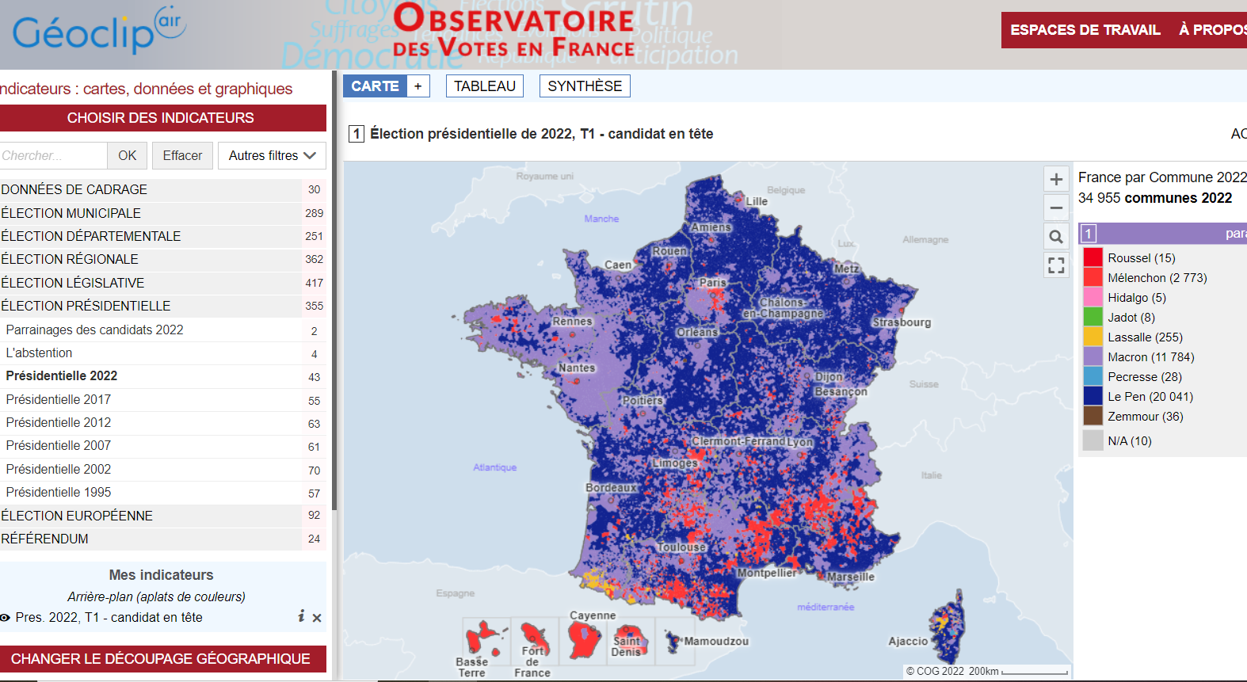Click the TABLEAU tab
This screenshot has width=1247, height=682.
[x=484, y=86]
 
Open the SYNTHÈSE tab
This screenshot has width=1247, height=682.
[x=585, y=86]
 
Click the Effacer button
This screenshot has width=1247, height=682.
[x=182, y=156]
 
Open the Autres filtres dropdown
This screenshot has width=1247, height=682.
[x=272, y=156]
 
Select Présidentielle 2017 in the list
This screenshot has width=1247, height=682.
[x=59, y=399]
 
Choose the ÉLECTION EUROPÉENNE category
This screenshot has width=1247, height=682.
[x=77, y=516]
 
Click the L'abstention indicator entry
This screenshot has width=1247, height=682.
[x=39, y=353]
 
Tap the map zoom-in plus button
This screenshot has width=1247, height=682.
[x=1056, y=180]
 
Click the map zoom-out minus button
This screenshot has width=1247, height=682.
[x=1056, y=208]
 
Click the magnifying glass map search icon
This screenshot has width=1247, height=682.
[x=1056, y=237]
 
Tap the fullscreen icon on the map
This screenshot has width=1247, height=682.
[x=1056, y=265]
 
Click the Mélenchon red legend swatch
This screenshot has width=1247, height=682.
[x=1093, y=278]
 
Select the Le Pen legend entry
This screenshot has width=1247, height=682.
[x=1150, y=397]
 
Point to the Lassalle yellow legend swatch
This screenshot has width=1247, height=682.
[x=1093, y=337]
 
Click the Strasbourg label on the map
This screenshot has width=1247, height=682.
[x=902, y=322]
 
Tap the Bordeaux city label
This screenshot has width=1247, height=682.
[x=611, y=488]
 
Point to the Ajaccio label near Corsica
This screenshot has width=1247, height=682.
[x=908, y=642]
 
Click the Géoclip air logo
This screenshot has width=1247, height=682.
[x=99, y=32]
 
